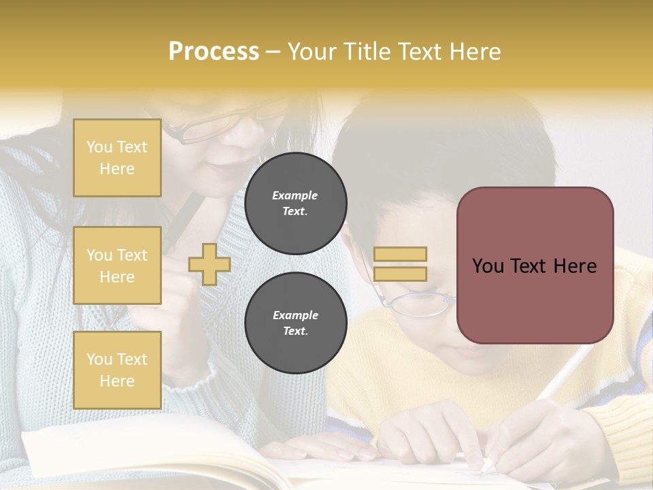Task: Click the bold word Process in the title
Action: tap(214, 52)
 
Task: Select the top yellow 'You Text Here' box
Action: tap(117, 158)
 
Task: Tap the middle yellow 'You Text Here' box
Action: tap(117, 265)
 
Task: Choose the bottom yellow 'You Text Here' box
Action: tap(117, 370)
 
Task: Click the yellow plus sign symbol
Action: tap(210, 264)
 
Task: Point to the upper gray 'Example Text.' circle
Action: tap(295, 203)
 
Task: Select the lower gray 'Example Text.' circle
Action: tap(295, 323)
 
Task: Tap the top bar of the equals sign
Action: tap(400, 254)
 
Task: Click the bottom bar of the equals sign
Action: tap(400, 274)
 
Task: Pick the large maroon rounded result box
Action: tap(535, 265)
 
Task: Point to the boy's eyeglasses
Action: tap(416, 302)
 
